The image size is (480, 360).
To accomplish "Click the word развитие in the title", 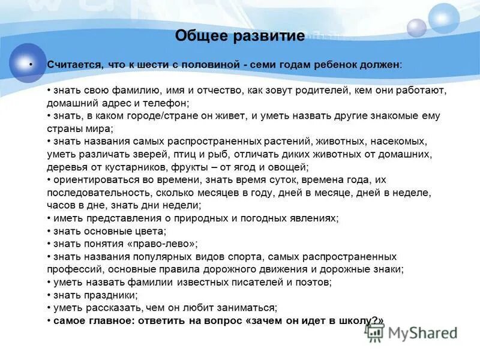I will pos(267,36).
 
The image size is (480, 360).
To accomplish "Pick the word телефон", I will pos(166,103).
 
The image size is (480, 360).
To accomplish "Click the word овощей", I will pos(290,167).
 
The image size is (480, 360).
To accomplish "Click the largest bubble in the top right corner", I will pos(445,17).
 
